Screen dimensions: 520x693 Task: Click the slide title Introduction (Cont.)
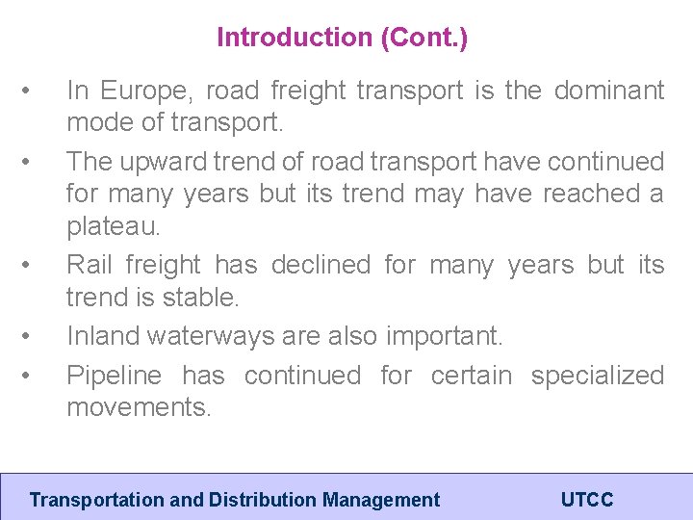[x=342, y=38]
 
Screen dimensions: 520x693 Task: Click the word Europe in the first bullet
[x=137, y=91]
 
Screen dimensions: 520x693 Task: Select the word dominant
[x=609, y=91]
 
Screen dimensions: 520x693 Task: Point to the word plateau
[x=112, y=227]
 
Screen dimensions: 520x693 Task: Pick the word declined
[x=321, y=264]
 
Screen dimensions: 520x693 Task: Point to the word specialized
[x=597, y=375]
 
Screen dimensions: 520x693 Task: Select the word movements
[x=138, y=407]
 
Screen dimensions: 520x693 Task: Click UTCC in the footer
[x=586, y=500]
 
